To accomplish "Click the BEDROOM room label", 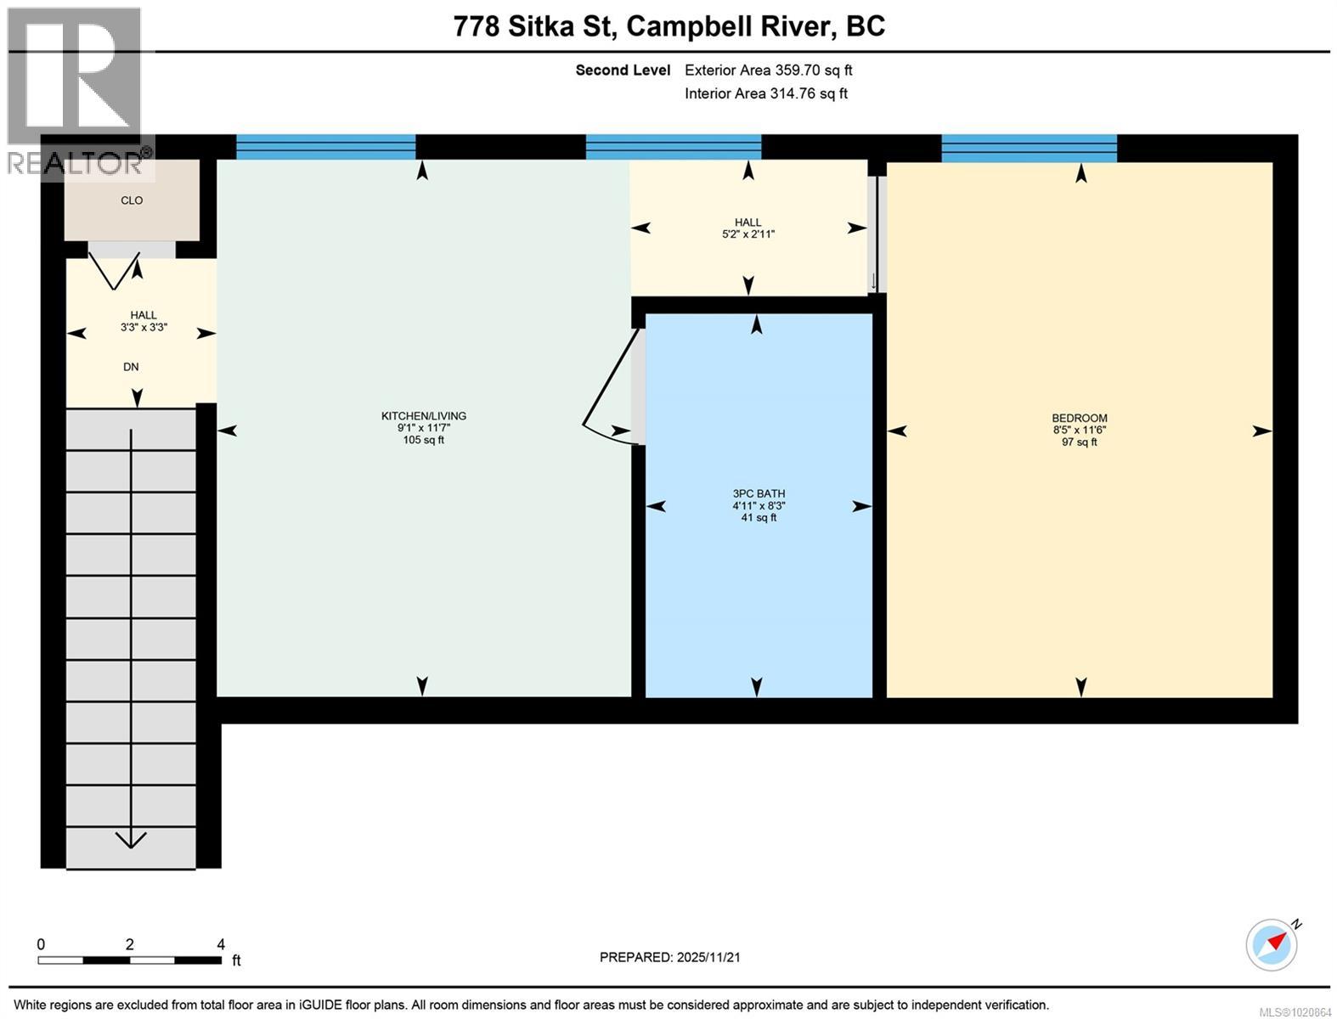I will click(1079, 418).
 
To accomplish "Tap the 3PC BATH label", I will click(759, 493).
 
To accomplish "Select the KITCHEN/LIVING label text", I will click(423, 416).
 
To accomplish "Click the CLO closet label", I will click(132, 200).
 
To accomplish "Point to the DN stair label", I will click(131, 367).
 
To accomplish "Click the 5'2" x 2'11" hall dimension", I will click(747, 234).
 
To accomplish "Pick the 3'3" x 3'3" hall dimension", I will click(143, 327).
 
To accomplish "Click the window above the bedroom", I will click(1029, 148).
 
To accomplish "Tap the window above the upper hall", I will click(673, 148).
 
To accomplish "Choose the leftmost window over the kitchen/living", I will click(325, 148).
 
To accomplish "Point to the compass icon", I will click(1272, 944).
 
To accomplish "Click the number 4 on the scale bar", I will click(221, 944).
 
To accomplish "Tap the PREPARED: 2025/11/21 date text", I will click(669, 957).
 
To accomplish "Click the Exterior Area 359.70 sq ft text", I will click(768, 70).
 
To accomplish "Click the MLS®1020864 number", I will click(1294, 1011).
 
